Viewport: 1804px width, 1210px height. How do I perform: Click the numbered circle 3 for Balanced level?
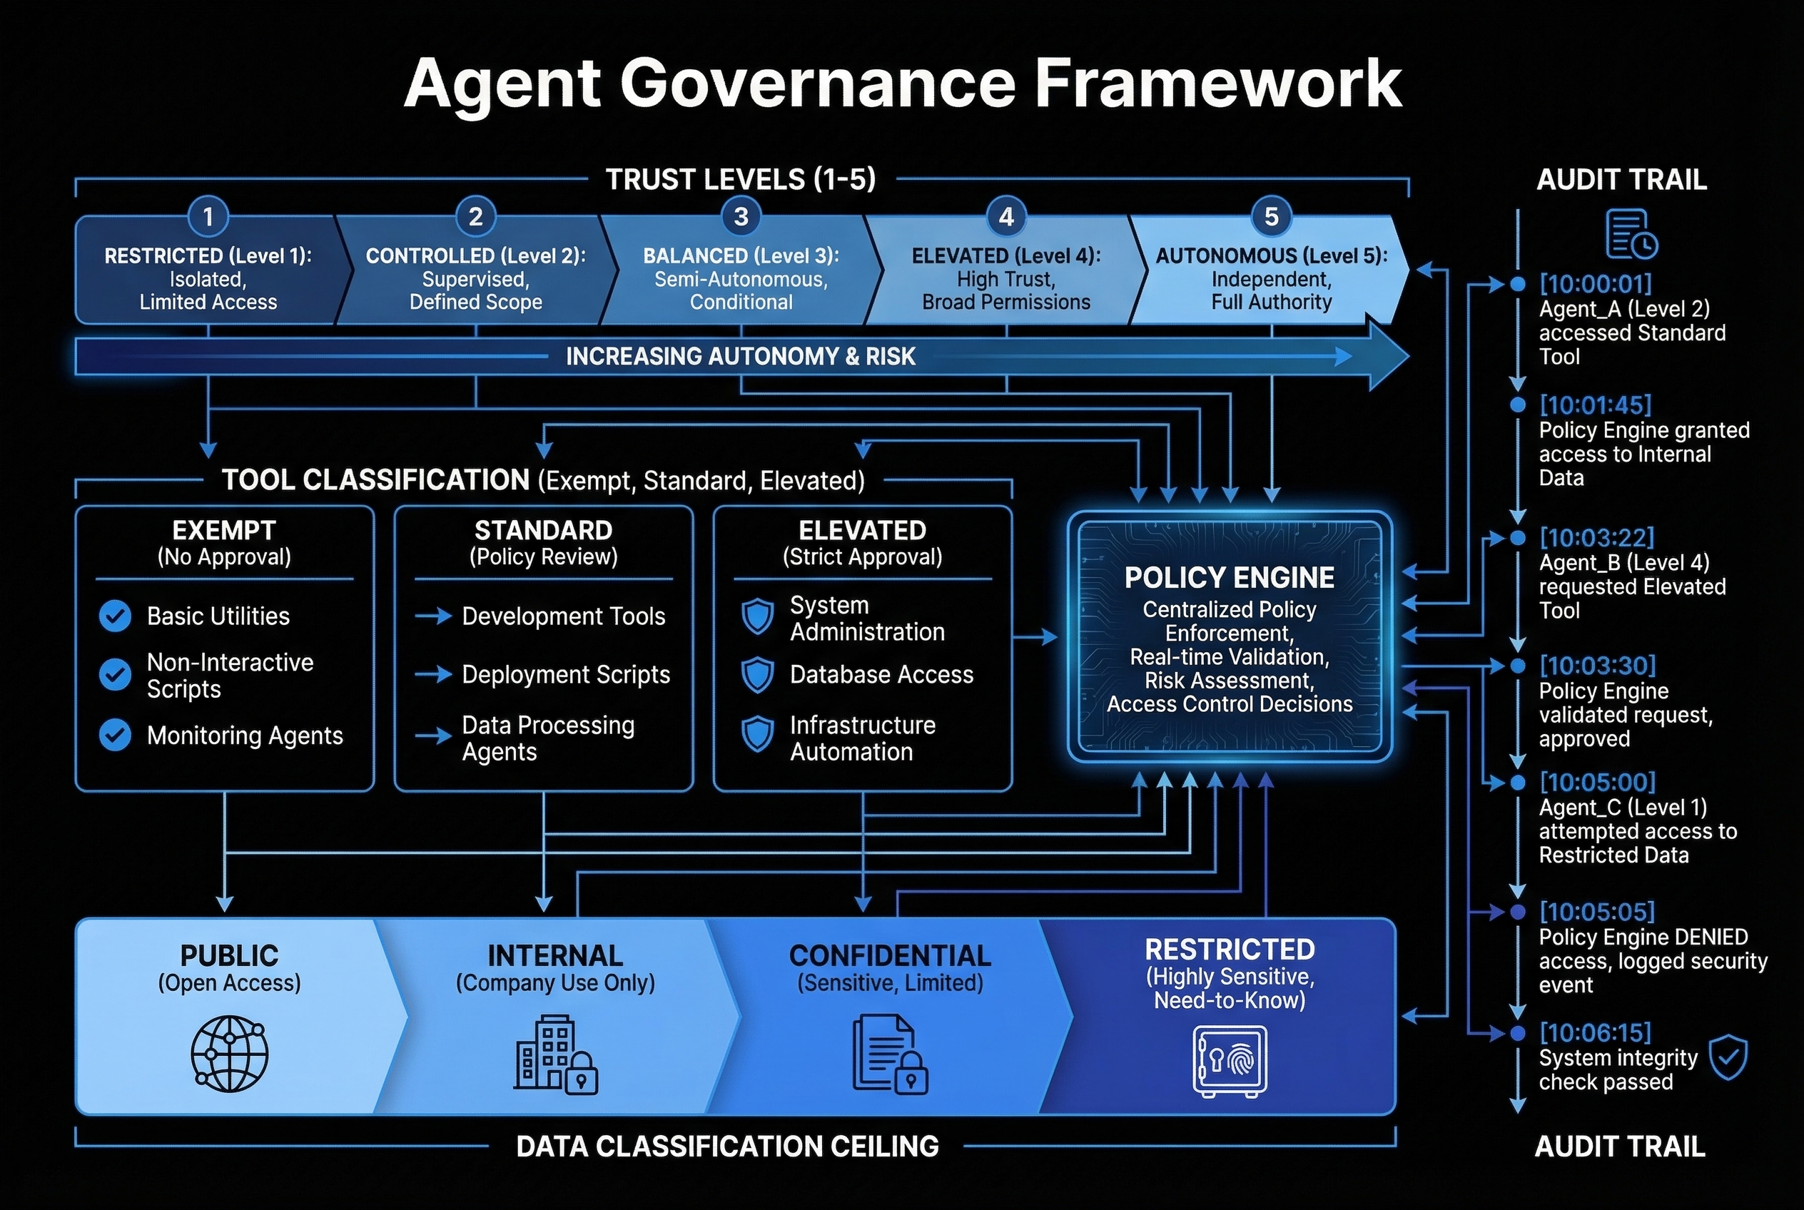click(740, 217)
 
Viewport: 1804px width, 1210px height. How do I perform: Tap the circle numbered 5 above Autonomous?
click(1271, 217)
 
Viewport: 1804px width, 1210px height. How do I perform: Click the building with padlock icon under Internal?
click(555, 1055)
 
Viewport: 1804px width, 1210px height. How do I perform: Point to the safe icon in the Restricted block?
click(1230, 1061)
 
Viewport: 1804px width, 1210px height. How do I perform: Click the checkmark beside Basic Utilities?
click(115, 616)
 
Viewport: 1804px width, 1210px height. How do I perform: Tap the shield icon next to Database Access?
click(757, 675)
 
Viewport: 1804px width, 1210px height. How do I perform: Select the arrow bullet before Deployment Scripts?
click(433, 674)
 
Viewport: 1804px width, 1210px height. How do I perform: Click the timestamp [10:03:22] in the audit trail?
click(1596, 537)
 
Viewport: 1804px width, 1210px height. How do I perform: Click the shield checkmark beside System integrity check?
click(1728, 1058)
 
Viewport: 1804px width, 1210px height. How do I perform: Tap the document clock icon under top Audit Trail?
click(1631, 234)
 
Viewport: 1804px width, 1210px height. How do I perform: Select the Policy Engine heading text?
click(1229, 577)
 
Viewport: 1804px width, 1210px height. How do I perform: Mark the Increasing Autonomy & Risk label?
click(740, 357)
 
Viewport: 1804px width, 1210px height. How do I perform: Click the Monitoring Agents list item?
click(245, 736)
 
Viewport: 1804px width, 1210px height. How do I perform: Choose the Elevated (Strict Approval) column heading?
click(862, 542)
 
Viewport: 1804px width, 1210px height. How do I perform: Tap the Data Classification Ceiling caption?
click(727, 1146)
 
